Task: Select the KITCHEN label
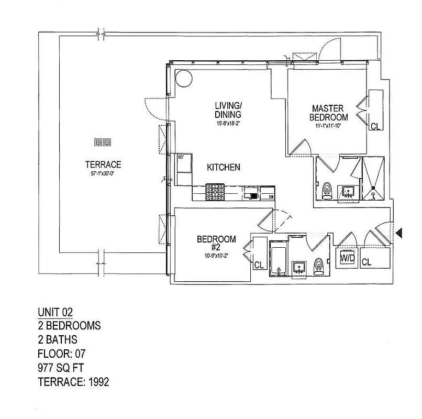pyautogui.click(x=224, y=168)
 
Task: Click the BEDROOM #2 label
pyautogui.click(x=216, y=243)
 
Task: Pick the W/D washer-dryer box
pyautogui.click(x=347, y=259)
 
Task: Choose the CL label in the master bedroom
pyautogui.click(x=375, y=126)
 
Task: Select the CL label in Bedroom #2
pyautogui.click(x=259, y=266)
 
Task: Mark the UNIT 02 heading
pyautogui.click(x=55, y=312)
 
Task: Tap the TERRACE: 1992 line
pyautogui.click(x=73, y=382)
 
